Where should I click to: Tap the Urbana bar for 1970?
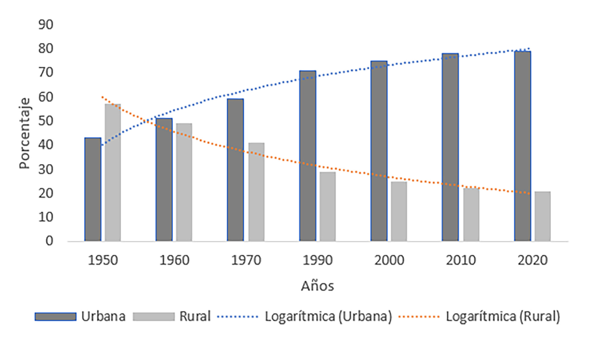tap(235, 170)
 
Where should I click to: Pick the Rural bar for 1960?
tap(184, 182)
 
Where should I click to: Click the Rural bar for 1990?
tap(328, 207)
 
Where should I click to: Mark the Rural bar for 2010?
tap(471, 215)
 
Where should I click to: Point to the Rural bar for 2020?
tap(543, 216)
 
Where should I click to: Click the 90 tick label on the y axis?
tap(46, 25)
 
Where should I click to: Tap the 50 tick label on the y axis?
tap(46, 121)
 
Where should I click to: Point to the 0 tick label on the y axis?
tap(49, 241)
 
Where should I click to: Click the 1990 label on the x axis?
tap(318, 260)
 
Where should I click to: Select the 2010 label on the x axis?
tap(461, 260)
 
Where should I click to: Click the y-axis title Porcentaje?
tap(24, 133)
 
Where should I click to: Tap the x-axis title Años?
tap(317, 286)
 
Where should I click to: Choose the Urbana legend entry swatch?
tap(55, 316)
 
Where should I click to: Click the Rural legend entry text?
tap(195, 316)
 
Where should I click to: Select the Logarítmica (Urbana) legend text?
tap(328, 316)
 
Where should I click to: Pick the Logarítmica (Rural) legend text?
tap(503, 316)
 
